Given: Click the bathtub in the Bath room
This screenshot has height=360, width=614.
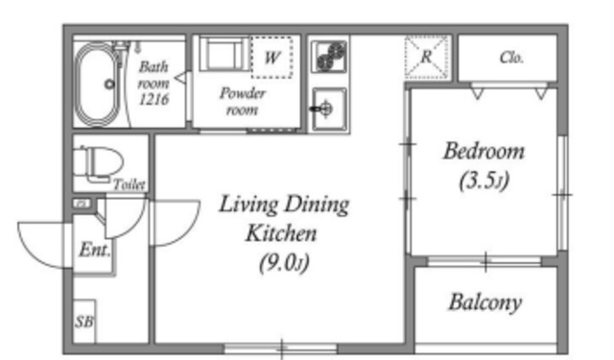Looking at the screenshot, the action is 98,84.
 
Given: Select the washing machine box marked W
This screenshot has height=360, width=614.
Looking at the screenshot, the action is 272,58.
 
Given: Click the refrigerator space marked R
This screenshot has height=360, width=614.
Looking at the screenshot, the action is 426,58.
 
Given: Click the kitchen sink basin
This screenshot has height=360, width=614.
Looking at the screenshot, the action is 329,108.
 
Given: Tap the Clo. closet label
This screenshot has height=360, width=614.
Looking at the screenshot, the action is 511,58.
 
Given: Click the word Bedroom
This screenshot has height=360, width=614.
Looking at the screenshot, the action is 484,152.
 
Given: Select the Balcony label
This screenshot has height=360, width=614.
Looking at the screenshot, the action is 485,302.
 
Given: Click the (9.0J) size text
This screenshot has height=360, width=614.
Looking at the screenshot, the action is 284,262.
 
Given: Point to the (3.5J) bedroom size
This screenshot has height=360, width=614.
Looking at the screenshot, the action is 484,180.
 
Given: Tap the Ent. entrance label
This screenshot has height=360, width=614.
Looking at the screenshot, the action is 94,250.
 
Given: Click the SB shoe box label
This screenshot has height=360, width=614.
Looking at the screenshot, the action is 84,322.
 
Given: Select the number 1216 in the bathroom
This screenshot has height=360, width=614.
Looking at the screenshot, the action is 153,100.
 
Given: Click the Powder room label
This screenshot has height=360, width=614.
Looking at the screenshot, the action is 243,102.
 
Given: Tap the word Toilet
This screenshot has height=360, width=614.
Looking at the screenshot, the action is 130,184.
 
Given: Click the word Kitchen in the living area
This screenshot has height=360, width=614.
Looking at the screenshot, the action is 281,233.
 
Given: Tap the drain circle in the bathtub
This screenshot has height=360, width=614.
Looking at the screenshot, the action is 109,84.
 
